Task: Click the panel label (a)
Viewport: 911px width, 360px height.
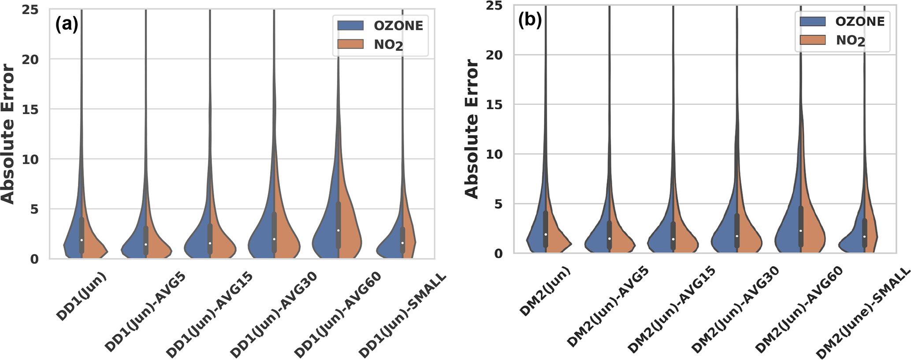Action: (x=67, y=25)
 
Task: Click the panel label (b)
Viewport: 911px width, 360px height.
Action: (x=529, y=20)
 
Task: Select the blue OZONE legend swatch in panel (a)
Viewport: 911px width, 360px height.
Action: (x=350, y=26)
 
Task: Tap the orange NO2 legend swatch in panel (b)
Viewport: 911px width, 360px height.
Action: (x=813, y=40)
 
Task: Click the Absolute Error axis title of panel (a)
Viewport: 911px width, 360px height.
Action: (x=8, y=134)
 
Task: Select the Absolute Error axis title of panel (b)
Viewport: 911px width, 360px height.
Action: (x=472, y=129)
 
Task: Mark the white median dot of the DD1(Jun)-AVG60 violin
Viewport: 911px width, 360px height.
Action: (x=338, y=230)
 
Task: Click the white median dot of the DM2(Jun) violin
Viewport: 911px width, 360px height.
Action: (x=546, y=234)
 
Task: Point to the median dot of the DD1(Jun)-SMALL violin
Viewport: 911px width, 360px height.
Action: (x=402, y=243)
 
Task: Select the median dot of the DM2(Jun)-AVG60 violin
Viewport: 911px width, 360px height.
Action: (x=800, y=231)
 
